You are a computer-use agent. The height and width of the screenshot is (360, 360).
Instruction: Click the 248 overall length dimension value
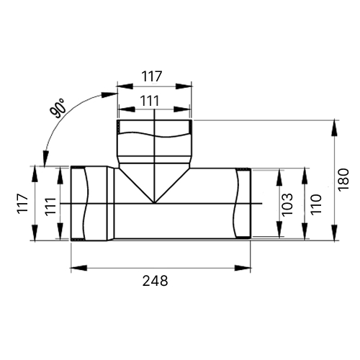[x=156, y=281]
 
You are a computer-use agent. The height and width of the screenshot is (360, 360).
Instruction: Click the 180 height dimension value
[x=343, y=180]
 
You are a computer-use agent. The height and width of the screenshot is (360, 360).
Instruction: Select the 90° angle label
[x=58, y=109]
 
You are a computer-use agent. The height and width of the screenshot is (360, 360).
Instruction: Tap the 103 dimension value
[x=287, y=204]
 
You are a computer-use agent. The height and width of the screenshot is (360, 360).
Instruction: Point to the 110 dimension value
[x=315, y=204]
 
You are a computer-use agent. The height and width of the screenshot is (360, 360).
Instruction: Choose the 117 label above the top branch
[x=152, y=76]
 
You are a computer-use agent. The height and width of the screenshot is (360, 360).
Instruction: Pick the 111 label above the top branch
[x=150, y=101]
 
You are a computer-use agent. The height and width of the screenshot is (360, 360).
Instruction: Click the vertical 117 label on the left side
[x=22, y=203]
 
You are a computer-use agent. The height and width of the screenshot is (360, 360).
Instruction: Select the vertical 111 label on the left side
[x=50, y=207]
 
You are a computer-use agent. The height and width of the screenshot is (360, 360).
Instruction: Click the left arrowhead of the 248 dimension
[x=78, y=268]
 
